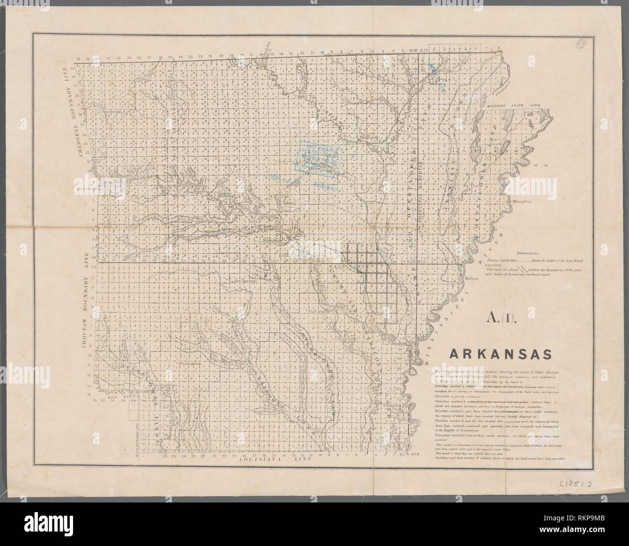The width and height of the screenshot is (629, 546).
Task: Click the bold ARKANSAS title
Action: click(x=501, y=354)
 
